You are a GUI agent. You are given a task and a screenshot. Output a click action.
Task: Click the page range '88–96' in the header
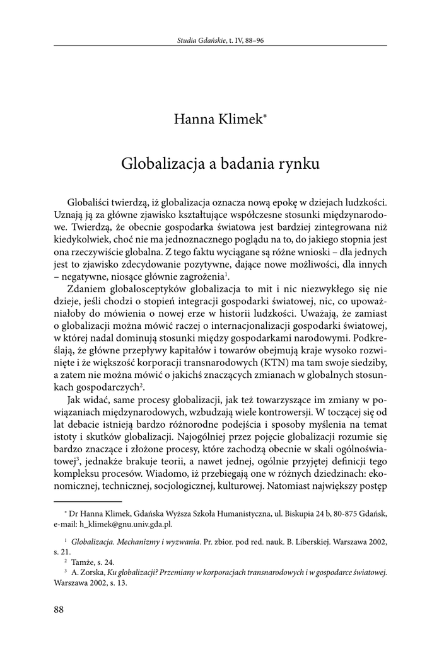(x=254, y=42)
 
